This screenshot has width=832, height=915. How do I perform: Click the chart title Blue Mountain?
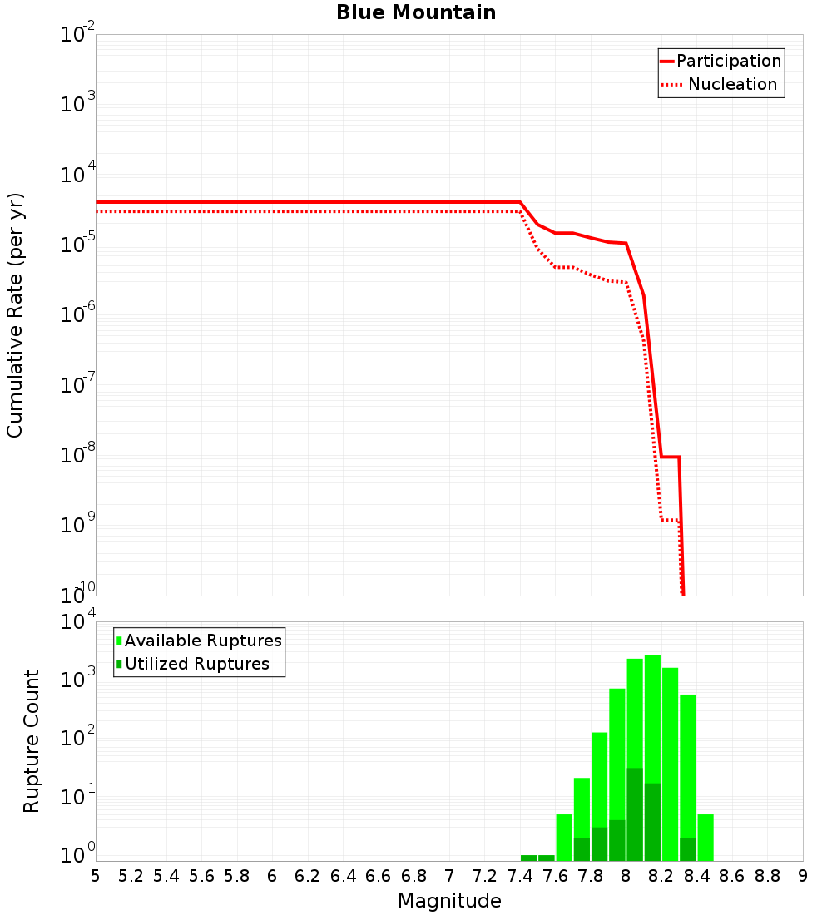tap(416, 13)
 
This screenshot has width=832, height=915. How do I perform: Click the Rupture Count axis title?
tap(32, 741)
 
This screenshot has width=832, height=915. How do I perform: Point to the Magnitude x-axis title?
tap(449, 900)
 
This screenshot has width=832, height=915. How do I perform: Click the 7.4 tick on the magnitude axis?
tap(520, 876)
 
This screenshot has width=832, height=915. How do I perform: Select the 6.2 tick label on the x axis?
tap(308, 876)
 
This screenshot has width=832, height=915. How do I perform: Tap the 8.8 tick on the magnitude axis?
tap(767, 876)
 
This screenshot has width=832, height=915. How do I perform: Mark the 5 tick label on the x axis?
tap(96, 876)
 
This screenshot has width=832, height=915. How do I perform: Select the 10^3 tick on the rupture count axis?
tap(78, 677)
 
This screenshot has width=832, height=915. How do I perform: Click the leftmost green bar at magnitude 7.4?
tap(529, 858)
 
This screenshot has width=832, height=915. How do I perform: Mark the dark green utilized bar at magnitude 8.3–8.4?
tap(688, 848)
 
